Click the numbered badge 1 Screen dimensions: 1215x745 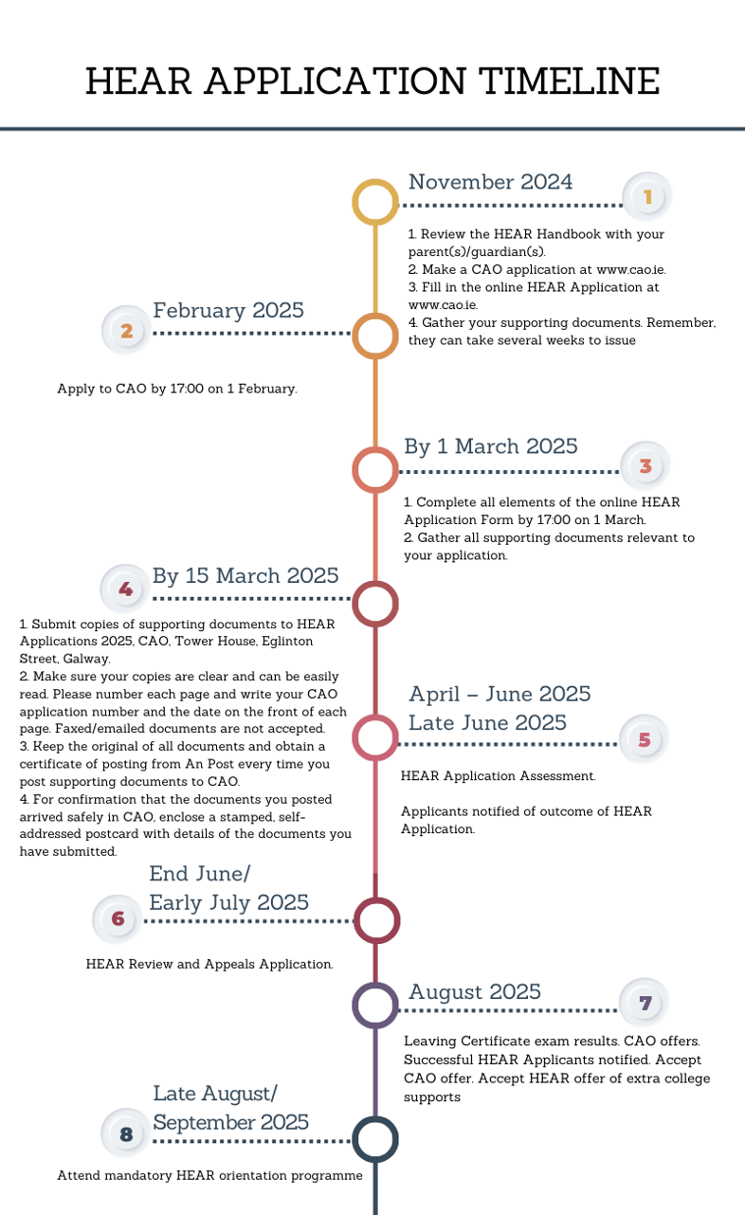coord(648,197)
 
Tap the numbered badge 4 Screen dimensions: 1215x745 coord(125,589)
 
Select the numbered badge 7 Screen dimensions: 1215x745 coord(645,1003)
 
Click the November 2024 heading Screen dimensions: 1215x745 coord(490,182)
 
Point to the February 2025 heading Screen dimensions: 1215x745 coord(228,310)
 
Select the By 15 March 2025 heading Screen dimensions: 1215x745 coord(245,575)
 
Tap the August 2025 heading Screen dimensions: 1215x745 coord(474,991)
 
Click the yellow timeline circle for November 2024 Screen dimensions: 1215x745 coord(375,203)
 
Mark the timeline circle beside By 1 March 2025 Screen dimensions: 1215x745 coord(375,470)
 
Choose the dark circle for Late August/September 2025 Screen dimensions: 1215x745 coord(375,1139)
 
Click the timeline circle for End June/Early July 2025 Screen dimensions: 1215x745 coord(376,920)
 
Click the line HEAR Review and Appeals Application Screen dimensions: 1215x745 coord(209,964)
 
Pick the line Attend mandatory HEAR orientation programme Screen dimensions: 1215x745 coord(209,1175)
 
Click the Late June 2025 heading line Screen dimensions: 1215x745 coord(487,722)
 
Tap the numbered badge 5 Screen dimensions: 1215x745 coord(645,739)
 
